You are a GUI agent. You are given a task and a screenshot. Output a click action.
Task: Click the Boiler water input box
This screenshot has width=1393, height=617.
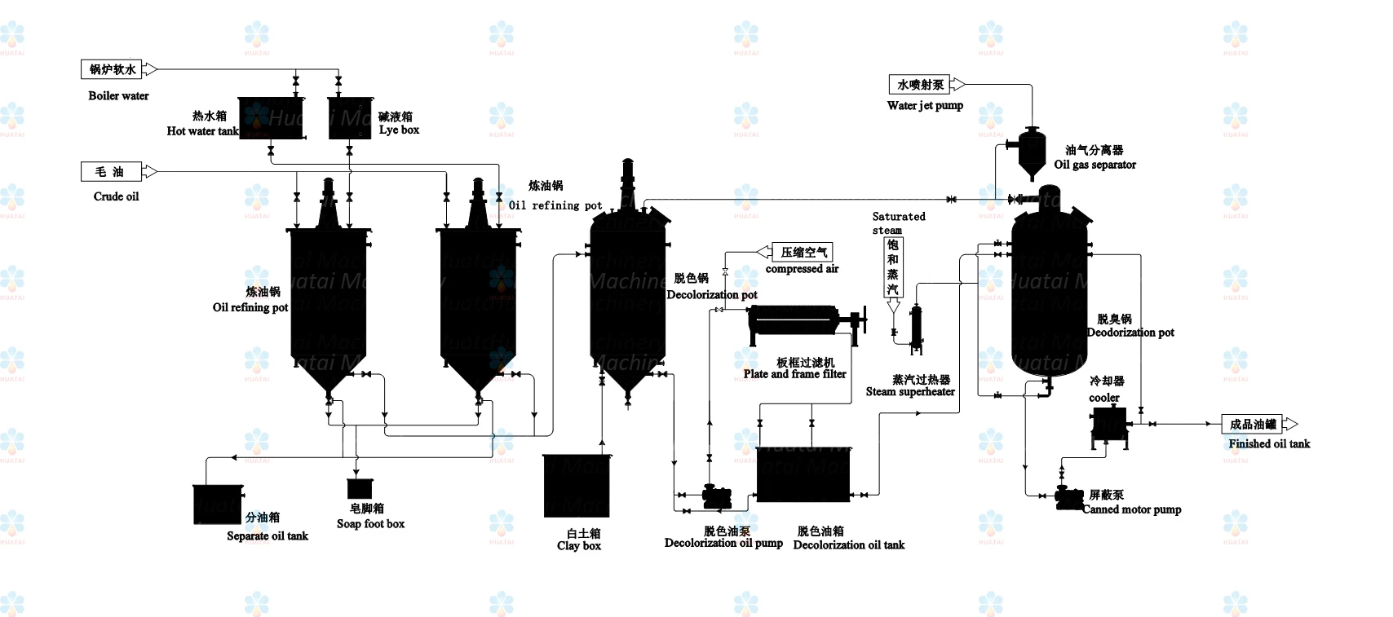pos(113,70)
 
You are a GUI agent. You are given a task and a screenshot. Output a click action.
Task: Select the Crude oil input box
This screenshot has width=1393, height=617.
pos(112,172)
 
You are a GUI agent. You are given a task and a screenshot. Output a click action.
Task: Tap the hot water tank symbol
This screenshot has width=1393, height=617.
pos(271,118)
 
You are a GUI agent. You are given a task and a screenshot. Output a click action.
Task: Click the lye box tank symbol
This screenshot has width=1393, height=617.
pos(350,118)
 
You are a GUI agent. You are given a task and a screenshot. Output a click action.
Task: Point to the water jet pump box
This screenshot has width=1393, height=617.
pos(920,85)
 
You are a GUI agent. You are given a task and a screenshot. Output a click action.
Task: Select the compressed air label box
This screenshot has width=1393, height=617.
pos(803,253)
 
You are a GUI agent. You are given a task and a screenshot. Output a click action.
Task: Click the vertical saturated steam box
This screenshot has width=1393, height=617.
pos(893,267)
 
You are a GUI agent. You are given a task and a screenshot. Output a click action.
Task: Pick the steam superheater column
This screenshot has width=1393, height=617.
pos(917,329)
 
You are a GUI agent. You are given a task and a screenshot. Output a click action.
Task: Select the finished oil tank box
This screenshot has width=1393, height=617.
pos(1252,425)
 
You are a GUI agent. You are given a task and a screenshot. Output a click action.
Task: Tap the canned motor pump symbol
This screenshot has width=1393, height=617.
pos(1068,498)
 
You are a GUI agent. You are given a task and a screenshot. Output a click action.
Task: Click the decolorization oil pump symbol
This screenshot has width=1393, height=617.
pos(717,496)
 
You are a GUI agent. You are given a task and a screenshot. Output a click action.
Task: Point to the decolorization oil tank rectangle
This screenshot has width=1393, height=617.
pos(803,474)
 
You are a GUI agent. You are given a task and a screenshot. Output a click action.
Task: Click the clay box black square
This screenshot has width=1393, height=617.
pos(577,486)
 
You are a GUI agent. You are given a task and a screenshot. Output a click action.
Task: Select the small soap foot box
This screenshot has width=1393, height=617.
pos(360,488)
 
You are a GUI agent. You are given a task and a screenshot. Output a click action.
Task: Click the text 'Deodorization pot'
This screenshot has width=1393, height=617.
pos(1131,333)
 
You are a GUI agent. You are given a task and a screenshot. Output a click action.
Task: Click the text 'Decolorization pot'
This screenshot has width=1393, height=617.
pos(712,295)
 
